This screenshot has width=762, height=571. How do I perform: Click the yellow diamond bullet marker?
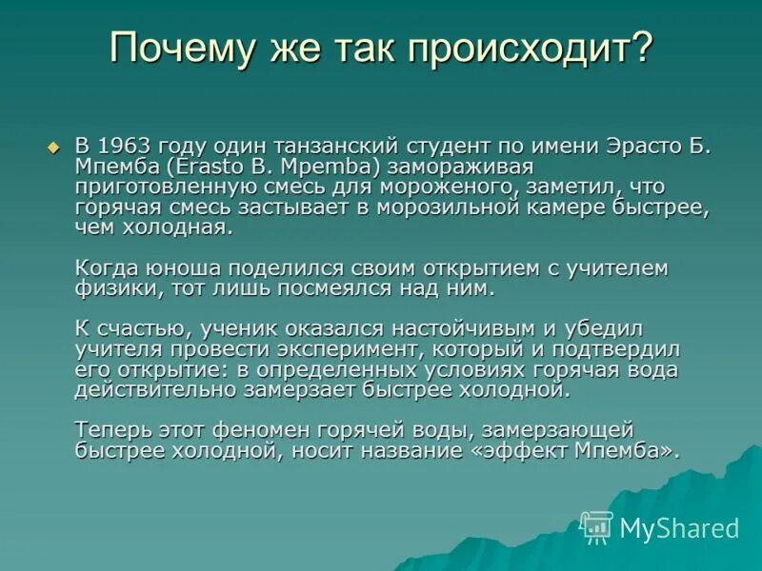pos(53,148)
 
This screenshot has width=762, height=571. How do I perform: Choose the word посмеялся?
pos(314,287)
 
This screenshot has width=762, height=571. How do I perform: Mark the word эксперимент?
pos(335,348)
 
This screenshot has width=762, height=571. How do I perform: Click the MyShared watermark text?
pos(679,528)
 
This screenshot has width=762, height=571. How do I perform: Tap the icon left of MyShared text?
pos(597,527)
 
